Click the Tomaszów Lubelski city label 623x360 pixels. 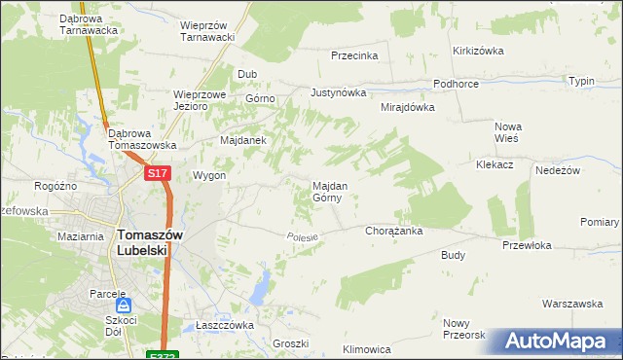coord(142,241)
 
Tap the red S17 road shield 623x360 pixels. coord(159,173)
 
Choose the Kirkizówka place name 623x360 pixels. coord(476,51)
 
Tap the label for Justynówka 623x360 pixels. coord(337,93)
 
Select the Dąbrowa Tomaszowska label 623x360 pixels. coord(142,139)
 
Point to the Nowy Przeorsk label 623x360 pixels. coord(462,329)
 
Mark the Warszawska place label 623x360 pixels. coord(572,304)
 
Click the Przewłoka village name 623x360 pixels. coord(527,245)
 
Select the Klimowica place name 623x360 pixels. coord(367,348)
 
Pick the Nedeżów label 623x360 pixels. coord(558,170)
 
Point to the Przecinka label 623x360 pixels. coord(353,56)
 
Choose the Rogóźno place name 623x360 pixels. coord(55,187)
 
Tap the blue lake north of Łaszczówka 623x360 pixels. coord(260,288)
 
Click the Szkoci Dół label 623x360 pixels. coord(122,326)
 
